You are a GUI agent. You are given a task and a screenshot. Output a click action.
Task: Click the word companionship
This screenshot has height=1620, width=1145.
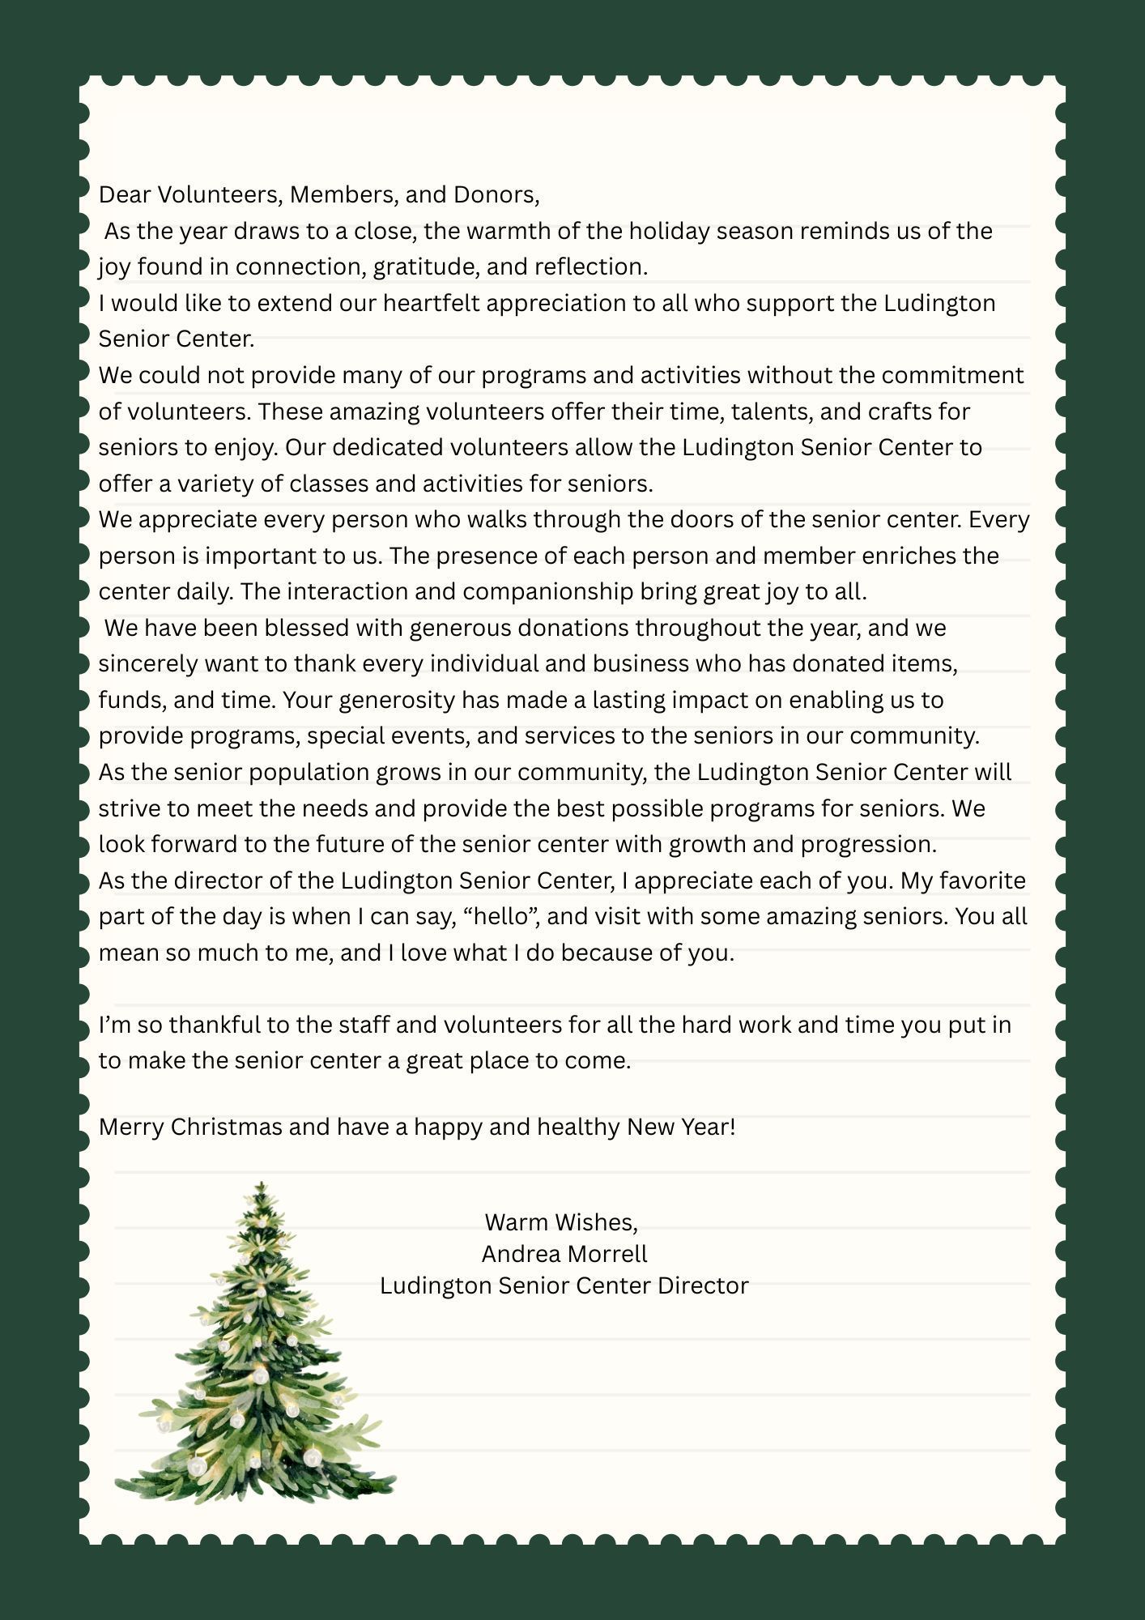coord(547,591)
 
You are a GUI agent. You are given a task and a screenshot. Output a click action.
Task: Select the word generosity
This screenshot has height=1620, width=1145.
coord(396,700)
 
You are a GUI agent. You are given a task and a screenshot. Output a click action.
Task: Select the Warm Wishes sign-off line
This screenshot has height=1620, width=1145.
coord(561,1221)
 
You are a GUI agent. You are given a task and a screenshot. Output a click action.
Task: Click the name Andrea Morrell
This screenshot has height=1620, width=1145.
coord(564,1254)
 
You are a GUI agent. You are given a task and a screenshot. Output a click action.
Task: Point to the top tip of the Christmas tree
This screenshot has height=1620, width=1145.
coord(261,1183)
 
